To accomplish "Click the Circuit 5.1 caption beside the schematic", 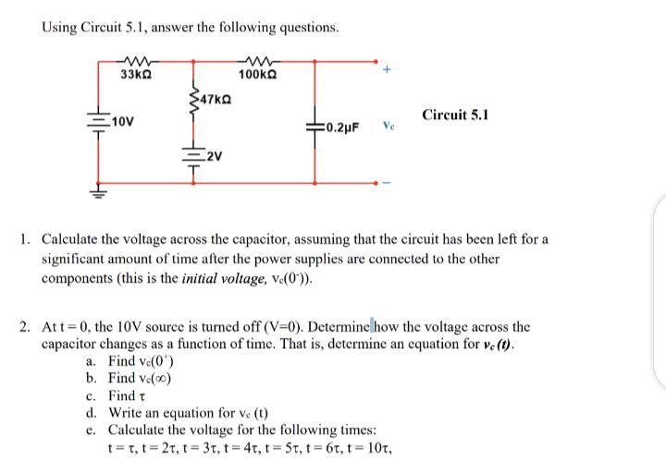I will (454, 115).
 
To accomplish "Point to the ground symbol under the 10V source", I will (97, 193).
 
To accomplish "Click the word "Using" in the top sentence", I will (58, 27).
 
